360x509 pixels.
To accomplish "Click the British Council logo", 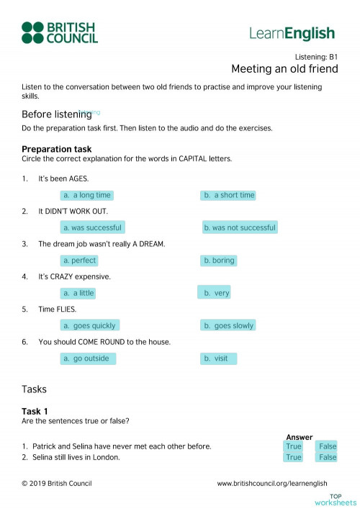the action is point(59,32).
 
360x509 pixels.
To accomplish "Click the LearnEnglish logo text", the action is point(292,33).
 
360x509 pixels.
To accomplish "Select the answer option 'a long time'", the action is point(86,195).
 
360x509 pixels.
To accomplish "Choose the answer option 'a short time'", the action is point(229,195).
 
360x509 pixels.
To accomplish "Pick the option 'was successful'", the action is point(92,228).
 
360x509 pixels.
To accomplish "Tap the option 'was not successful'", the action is point(239,228).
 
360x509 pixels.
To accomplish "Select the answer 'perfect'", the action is point(79,261).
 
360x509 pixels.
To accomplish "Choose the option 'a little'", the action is point(78,293).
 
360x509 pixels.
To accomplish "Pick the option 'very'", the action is point(215,293).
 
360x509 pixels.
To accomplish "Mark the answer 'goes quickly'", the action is point(89,325).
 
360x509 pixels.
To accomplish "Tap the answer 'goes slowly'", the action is point(228,325).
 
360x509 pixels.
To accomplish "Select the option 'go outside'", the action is point(88,359).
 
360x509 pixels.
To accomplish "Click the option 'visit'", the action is point(218,359).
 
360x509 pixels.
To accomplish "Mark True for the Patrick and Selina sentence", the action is point(294,446).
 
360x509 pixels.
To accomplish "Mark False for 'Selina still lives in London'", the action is point(328,457).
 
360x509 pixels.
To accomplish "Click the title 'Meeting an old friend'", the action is point(284,69).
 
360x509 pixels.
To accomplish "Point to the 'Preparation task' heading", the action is point(57,149).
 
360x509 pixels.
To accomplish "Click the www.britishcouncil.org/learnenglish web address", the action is point(272,484).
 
